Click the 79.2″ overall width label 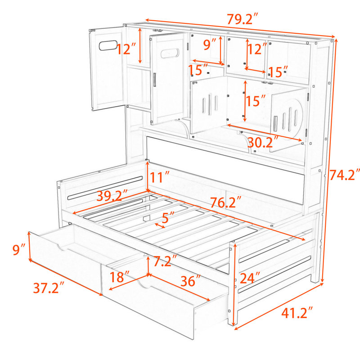[x=243, y=19]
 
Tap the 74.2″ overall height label [x=344, y=175]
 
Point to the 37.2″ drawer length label [x=49, y=288]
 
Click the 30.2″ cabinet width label [x=263, y=142]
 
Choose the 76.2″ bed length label [x=226, y=202]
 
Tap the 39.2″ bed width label [x=112, y=195]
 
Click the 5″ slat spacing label [x=168, y=217]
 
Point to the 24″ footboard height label [x=250, y=278]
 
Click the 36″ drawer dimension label [x=191, y=280]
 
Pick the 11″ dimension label [x=159, y=177]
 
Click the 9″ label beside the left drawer [x=19, y=250]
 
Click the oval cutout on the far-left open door [x=108, y=45]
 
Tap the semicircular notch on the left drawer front [x=62, y=247]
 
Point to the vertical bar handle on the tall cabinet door [x=154, y=80]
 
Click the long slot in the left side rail [x=105, y=188]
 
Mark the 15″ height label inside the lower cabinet [x=256, y=100]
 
